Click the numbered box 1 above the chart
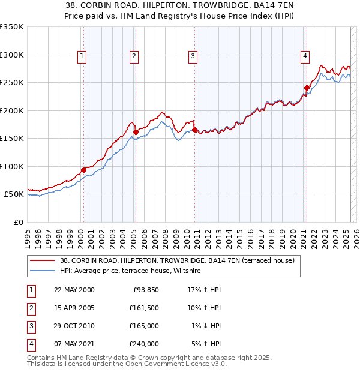[82, 56]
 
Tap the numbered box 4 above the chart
[305, 56]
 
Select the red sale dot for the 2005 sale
[136, 132]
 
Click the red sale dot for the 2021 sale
[307, 88]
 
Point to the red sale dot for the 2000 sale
[83, 170]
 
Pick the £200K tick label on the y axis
[12, 110]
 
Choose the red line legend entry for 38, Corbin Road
[176, 261]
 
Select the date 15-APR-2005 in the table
[74, 308]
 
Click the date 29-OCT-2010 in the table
[74, 326]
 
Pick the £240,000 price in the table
[144, 344]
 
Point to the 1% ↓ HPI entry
[206, 326]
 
